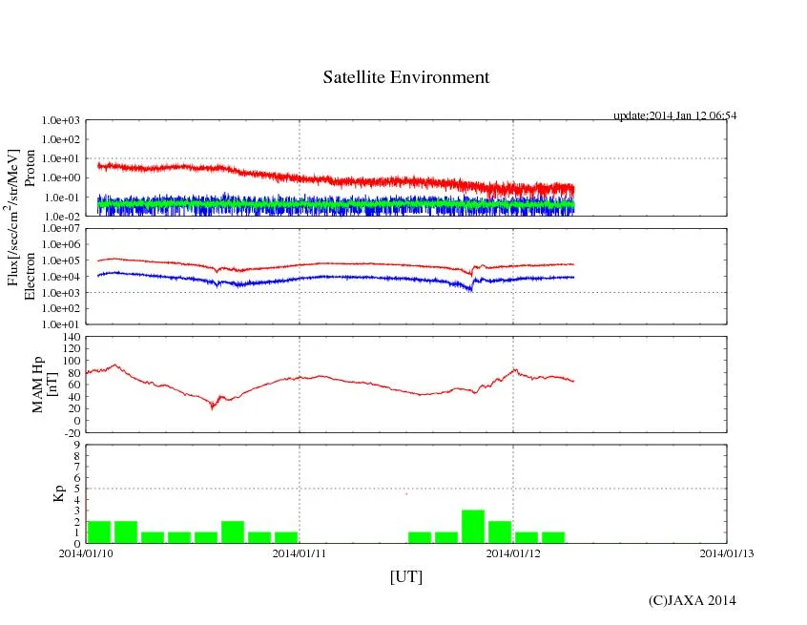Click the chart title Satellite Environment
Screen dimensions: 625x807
point(405,77)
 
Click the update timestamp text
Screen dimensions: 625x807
point(674,115)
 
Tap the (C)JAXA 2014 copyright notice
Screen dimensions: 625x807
point(692,599)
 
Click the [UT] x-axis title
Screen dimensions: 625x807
point(405,576)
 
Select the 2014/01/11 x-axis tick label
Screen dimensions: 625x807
point(300,552)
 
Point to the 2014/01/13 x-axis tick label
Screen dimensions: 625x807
point(727,552)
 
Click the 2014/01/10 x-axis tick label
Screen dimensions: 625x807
point(86,552)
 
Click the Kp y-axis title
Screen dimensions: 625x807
point(59,493)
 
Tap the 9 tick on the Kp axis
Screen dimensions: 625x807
point(76,444)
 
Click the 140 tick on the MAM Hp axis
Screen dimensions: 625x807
point(69,337)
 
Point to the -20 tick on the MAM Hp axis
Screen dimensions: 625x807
point(69,432)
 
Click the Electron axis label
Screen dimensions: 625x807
point(29,276)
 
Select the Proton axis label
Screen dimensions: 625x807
point(29,168)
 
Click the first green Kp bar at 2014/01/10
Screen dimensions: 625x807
point(99,531)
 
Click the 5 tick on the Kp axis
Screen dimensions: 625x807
point(76,488)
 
